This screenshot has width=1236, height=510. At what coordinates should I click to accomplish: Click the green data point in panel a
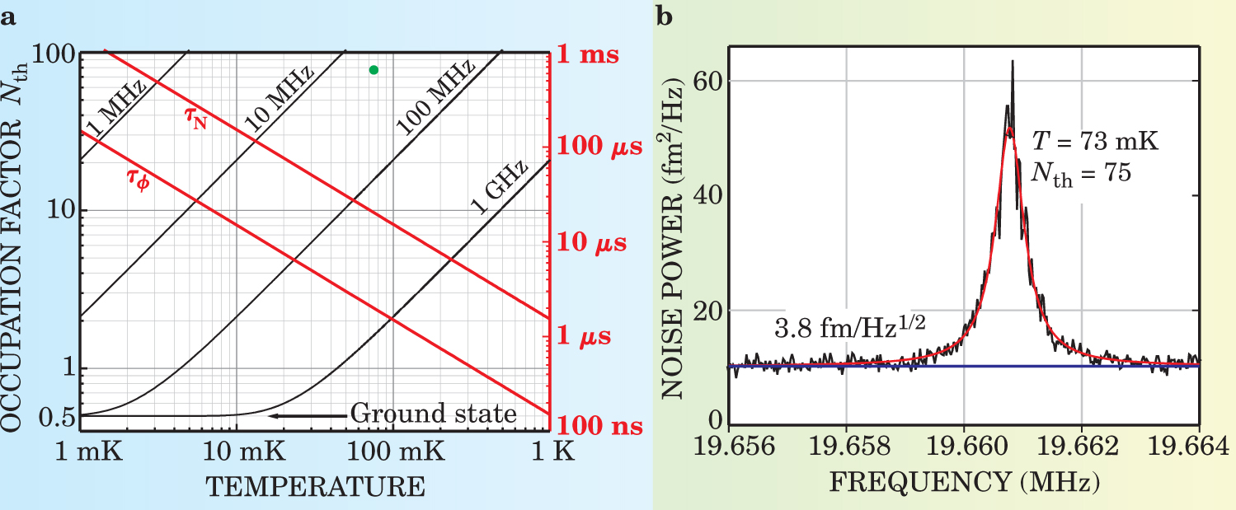[374, 70]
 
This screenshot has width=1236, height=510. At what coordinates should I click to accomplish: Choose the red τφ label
[141, 178]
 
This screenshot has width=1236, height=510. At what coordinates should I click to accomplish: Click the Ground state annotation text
[434, 414]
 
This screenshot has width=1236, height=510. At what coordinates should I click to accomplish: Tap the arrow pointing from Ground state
[308, 415]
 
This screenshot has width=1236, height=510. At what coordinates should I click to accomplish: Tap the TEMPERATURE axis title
[315, 486]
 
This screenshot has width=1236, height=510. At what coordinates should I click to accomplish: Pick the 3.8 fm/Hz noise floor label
[849, 328]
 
